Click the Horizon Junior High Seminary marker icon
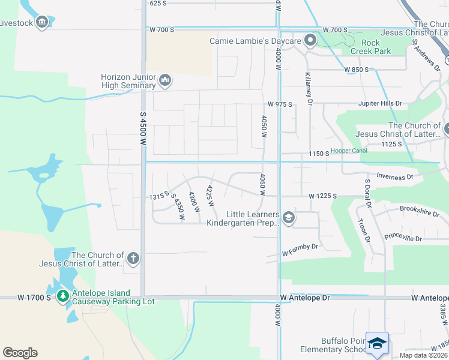pyautogui.click(x=166, y=79)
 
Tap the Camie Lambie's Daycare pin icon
pyautogui.click(x=310, y=41)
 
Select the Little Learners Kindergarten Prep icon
pyautogui.click(x=288, y=217)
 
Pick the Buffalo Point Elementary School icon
pyautogui.click(x=376, y=344)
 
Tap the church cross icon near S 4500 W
pyautogui.click(x=133, y=259)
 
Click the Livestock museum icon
pyautogui.click(x=42, y=23)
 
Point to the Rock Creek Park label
pyautogui.click(x=376, y=47)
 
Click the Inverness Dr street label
pyautogui.click(x=395, y=176)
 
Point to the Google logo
pyautogui.click(x=20, y=353)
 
